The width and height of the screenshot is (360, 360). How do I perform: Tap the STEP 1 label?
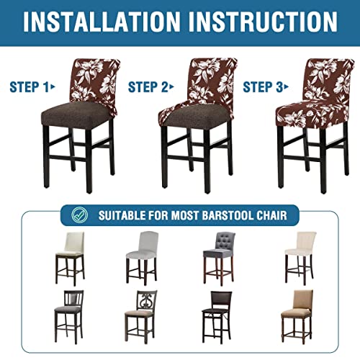click(x=32, y=88)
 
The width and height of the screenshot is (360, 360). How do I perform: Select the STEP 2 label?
click(x=150, y=88)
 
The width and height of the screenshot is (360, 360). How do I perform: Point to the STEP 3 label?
click(x=264, y=88)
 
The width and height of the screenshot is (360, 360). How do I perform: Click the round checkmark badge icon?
click(x=81, y=214)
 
